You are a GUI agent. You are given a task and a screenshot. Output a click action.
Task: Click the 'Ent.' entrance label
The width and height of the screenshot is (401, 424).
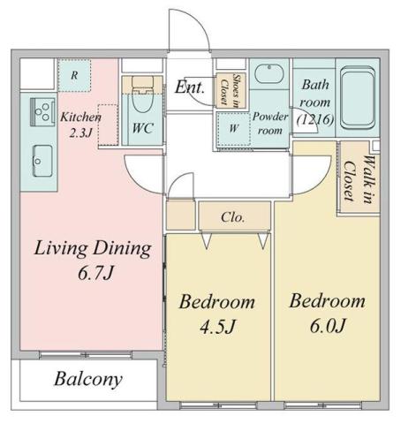pos(190,87)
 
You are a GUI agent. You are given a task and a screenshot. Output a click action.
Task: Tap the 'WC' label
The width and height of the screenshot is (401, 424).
pos(144,127)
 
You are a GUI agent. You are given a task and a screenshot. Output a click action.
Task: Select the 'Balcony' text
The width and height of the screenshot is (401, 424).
pos(88,381)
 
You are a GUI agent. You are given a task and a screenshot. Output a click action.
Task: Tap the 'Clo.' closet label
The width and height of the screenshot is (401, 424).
pos(233,216)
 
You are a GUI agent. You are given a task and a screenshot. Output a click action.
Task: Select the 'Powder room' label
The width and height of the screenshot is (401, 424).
pos(270,122)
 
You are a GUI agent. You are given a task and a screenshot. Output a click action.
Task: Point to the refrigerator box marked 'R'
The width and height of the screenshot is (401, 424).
pos(74,75)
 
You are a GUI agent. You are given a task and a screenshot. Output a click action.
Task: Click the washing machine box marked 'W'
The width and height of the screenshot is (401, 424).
pos(232,125)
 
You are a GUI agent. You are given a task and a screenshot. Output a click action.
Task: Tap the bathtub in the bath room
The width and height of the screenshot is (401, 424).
pos(358,99)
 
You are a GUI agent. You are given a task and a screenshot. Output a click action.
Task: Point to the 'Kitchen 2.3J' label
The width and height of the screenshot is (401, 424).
pos(80,125)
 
